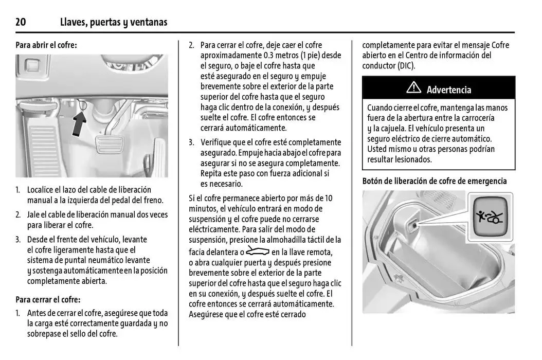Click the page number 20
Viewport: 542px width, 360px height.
tap(21, 22)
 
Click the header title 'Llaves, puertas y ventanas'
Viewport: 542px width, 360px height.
tap(113, 22)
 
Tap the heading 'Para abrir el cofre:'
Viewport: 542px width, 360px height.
tap(46, 45)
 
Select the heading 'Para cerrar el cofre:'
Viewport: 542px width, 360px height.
tap(48, 299)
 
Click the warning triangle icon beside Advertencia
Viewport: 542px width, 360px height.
tap(413, 88)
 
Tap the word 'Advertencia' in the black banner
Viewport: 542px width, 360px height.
tap(448, 89)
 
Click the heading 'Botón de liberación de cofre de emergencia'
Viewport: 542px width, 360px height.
tap(435, 181)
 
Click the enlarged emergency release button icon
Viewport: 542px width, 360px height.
tap(490, 217)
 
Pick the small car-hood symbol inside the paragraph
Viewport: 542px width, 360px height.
tap(258, 251)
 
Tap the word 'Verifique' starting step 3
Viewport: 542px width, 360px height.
tap(215, 142)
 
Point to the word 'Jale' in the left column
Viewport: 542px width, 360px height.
tap(34, 214)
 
